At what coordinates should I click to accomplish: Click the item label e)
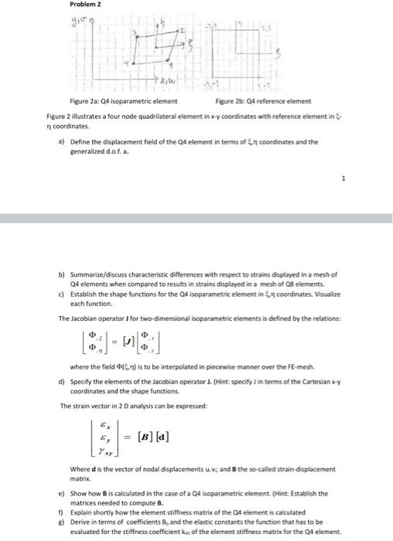point(61,492)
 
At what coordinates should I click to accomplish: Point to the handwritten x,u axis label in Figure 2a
point(166,79)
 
